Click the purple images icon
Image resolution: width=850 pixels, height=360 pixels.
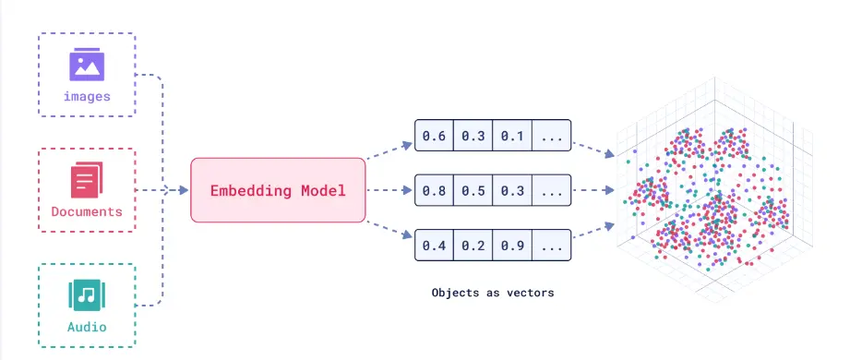point(87,66)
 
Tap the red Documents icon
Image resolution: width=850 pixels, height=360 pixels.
point(87,179)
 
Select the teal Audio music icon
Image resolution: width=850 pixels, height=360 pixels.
point(87,295)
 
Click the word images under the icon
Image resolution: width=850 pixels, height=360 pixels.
point(87,96)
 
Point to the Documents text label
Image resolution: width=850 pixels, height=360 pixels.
point(87,211)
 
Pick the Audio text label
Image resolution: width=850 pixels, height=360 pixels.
point(87,327)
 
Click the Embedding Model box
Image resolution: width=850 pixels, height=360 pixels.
point(278,191)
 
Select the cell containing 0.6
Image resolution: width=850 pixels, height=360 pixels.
point(434,137)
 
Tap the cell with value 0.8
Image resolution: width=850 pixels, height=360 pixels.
point(434,191)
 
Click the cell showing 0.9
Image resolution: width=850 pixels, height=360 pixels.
point(512,246)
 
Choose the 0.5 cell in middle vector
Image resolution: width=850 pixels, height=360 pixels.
point(473,191)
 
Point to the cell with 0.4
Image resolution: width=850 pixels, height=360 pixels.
point(434,246)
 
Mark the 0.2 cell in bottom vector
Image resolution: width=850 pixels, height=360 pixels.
point(473,246)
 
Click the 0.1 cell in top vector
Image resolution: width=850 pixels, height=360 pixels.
point(512,137)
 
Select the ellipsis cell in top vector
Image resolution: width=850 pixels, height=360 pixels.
point(552,137)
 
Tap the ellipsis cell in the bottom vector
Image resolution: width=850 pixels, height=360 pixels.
point(552,246)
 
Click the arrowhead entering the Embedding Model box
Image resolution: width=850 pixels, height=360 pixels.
point(183,191)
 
